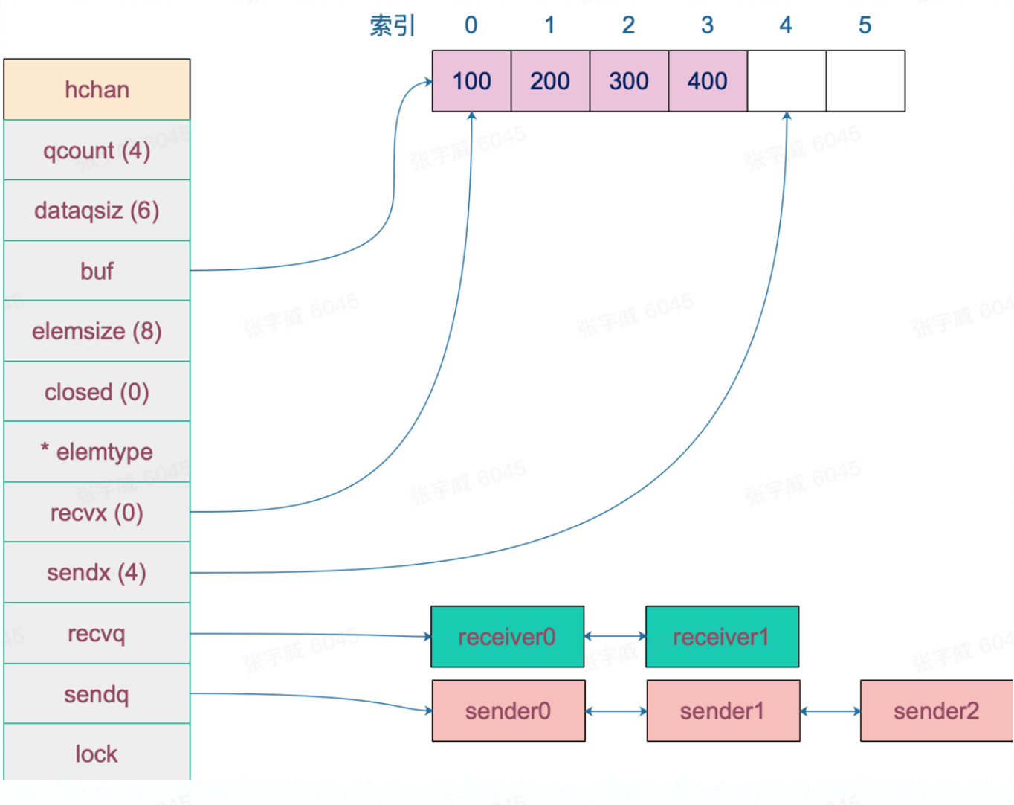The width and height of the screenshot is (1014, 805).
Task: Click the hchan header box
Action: [97, 89]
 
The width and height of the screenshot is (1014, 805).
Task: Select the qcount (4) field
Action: [97, 150]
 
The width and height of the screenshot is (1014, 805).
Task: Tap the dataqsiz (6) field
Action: [97, 211]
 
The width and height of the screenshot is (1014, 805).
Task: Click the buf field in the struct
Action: [97, 271]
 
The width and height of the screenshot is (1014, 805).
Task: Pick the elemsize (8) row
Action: [97, 331]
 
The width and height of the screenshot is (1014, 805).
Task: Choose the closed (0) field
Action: [97, 392]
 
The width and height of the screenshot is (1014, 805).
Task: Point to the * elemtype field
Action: [97, 452]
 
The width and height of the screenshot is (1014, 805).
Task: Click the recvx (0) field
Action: [97, 513]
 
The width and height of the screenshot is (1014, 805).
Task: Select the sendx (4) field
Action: [97, 573]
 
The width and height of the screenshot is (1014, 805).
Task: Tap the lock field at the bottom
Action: [97, 754]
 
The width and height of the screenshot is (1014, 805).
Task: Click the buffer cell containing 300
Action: [629, 81]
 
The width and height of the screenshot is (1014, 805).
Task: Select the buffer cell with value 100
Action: [471, 81]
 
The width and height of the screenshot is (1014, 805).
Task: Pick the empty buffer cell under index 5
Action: [865, 81]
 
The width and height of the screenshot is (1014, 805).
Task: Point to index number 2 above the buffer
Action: [628, 25]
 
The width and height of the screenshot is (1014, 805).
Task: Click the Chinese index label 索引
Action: [393, 25]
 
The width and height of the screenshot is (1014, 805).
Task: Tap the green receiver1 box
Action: [722, 637]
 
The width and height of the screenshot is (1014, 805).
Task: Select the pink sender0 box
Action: [508, 711]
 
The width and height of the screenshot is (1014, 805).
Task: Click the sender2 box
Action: [936, 711]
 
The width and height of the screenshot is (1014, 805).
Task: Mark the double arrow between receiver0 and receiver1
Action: [615, 636]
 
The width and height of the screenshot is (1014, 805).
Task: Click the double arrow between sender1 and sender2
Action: [830, 711]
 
